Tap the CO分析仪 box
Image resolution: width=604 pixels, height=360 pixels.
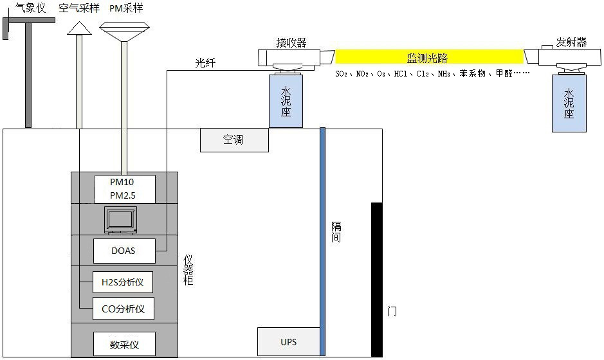[123, 309]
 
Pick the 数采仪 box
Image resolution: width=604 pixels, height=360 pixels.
[124, 344]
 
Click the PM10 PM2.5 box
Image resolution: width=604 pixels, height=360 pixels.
[124, 189]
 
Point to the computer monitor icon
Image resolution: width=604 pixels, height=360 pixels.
[121, 221]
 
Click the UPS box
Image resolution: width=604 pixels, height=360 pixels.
[288, 341]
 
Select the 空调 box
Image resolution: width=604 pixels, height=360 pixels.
[234, 139]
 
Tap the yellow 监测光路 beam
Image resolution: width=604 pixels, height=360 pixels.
[430, 57]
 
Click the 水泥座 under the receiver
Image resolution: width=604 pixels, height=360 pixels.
[286, 102]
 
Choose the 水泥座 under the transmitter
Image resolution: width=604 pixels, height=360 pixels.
[569, 104]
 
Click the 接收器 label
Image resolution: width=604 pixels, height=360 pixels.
[291, 43]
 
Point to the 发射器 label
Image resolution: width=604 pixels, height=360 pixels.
[572, 42]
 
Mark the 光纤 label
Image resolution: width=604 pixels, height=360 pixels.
[205, 63]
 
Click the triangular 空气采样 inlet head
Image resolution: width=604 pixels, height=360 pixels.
[79, 28]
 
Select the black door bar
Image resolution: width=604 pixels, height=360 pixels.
[376, 279]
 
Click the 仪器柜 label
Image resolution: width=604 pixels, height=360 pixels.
[188, 270]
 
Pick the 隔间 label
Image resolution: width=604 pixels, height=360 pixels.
[336, 232]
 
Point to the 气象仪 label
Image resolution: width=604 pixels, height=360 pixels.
[30, 8]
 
